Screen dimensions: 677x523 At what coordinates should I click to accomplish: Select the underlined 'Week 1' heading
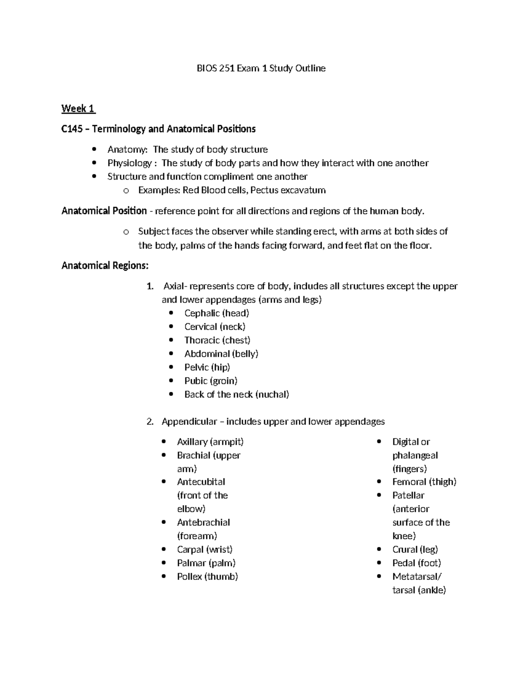pyautogui.click(x=78, y=109)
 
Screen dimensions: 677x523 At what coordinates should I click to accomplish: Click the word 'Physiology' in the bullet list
pyautogui.click(x=129, y=163)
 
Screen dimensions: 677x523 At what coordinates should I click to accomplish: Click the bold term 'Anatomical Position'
pyautogui.click(x=104, y=211)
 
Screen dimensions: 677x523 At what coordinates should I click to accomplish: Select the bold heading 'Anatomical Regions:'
pyautogui.click(x=105, y=265)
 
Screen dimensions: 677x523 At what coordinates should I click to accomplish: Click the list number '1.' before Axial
pyautogui.click(x=150, y=286)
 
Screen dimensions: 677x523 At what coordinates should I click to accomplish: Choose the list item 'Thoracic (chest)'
pyautogui.click(x=217, y=340)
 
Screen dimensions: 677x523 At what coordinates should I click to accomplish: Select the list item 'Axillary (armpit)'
pyautogui.click(x=210, y=442)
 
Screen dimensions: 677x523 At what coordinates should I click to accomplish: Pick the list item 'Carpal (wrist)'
pyautogui.click(x=204, y=549)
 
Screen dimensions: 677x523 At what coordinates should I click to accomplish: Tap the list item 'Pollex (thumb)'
pyautogui.click(x=207, y=576)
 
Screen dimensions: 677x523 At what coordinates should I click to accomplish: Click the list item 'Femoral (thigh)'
pyautogui.click(x=424, y=482)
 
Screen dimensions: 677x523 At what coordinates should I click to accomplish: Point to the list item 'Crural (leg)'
pyautogui.click(x=415, y=549)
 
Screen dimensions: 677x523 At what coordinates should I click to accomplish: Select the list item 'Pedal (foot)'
pyautogui.click(x=417, y=563)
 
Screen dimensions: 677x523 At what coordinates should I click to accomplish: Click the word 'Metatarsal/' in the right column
pyautogui.click(x=417, y=576)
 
